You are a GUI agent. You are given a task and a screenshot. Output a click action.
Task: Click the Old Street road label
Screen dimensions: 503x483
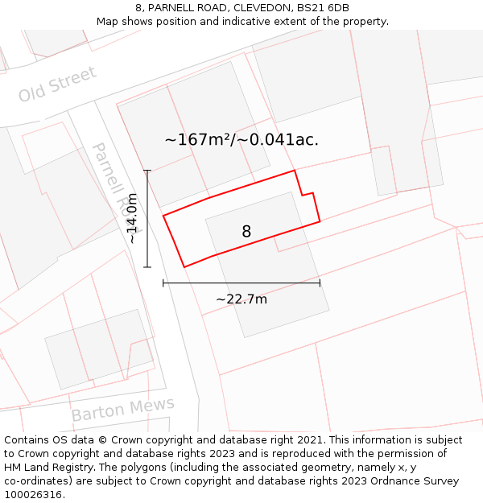click(57, 85)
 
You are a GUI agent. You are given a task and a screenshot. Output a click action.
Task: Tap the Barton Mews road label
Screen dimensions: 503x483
click(122, 410)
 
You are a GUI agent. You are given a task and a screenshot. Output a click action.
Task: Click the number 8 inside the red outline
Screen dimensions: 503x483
click(246, 232)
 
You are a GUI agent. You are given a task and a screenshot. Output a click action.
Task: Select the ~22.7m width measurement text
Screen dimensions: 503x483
click(242, 299)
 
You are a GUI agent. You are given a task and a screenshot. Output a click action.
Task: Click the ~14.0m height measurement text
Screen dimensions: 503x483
click(132, 218)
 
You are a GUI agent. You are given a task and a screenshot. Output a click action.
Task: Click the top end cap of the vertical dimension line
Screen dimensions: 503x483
click(147, 171)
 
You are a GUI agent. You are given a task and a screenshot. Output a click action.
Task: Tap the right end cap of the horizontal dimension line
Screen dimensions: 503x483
click(320, 282)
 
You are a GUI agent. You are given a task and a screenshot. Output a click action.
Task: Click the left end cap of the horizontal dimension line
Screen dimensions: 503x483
click(163, 282)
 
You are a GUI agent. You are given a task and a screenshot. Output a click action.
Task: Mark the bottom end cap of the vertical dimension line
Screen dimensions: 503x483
click(147, 266)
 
